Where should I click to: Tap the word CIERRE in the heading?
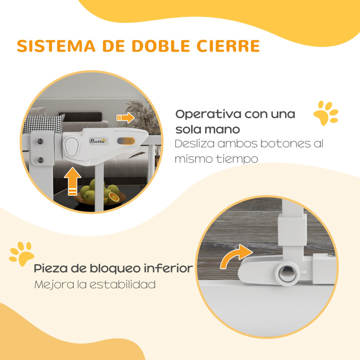coord(228,46)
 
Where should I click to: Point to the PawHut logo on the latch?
coord(98,141)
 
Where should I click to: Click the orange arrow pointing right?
coord(125,118)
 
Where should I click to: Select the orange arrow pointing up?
coord(73,181)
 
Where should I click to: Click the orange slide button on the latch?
coord(126,141)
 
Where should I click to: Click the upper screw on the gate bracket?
coord(40,141)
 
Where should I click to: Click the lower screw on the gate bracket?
coord(41,160)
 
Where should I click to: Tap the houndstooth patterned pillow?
coord(44,124)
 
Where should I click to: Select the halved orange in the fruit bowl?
coord(114,197)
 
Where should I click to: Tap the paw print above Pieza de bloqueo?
coord(21,254)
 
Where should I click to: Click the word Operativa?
coord(208,114)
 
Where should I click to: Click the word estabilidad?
coord(123,285)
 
